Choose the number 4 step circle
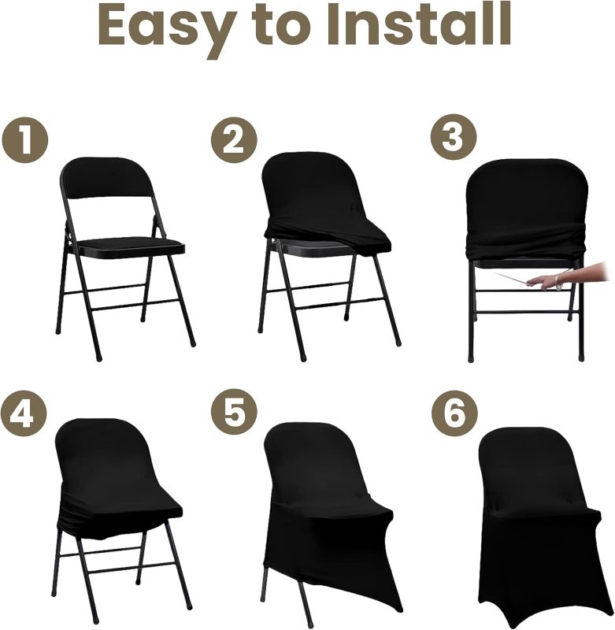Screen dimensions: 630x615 24,413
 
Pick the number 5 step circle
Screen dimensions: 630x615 234,413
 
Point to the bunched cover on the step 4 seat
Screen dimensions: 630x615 118,516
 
